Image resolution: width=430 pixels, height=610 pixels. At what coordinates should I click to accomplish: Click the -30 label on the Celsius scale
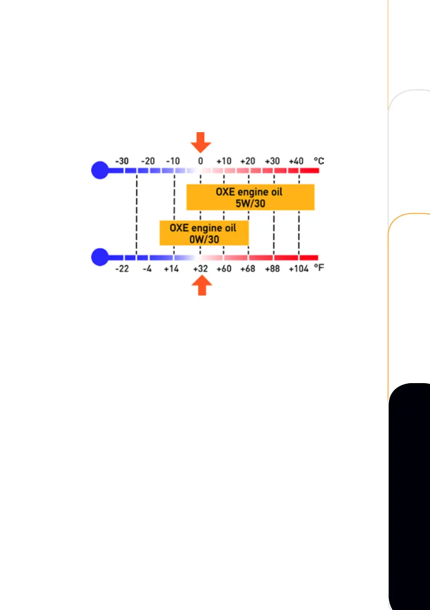pyautogui.click(x=122, y=161)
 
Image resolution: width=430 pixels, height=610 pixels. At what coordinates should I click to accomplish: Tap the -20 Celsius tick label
pyautogui.click(x=148, y=161)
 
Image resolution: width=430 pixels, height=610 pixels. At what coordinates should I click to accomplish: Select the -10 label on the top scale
pyautogui.click(x=173, y=161)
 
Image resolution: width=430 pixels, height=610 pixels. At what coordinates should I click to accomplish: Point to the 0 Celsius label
pyautogui.click(x=200, y=161)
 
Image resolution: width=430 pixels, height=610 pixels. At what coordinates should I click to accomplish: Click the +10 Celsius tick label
pyautogui.click(x=224, y=161)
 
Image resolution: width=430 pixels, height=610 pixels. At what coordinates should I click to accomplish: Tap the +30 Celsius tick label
pyautogui.click(x=272, y=161)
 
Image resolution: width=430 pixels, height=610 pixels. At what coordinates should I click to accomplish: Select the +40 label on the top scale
pyautogui.click(x=297, y=161)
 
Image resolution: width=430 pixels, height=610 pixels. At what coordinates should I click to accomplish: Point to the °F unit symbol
pyautogui.click(x=319, y=268)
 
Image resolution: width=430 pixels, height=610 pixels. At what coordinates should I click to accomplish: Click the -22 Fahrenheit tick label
pyautogui.click(x=122, y=269)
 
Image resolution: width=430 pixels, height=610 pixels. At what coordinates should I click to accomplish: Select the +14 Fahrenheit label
pyautogui.click(x=172, y=269)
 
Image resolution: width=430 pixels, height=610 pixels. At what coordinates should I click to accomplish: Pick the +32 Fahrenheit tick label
pyautogui.click(x=200, y=269)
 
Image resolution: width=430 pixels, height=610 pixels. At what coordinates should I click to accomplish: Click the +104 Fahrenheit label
pyautogui.click(x=298, y=269)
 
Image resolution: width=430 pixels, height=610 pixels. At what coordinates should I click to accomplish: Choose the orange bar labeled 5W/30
pyautogui.click(x=250, y=198)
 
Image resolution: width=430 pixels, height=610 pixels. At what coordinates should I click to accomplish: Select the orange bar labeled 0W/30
pyautogui.click(x=204, y=233)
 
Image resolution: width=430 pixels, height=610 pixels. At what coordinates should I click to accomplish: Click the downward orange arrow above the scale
pyautogui.click(x=200, y=142)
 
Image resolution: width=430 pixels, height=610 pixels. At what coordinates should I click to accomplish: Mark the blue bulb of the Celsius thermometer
pyautogui.click(x=100, y=170)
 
